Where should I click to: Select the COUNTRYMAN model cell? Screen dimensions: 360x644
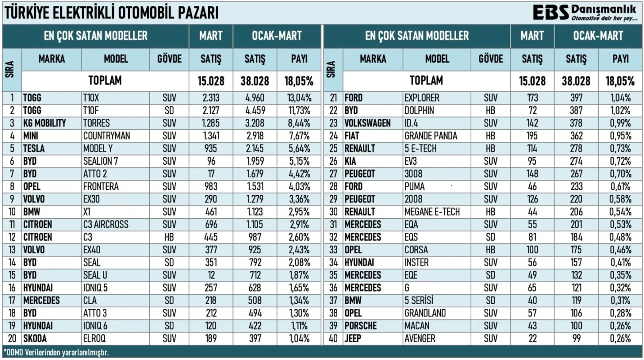tap(106, 135)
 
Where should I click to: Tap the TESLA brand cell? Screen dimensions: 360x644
tap(34, 148)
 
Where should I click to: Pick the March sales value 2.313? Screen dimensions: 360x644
tap(210, 98)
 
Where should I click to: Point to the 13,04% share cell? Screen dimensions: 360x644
tap(299, 98)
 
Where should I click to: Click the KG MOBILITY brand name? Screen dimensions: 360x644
tap(45, 123)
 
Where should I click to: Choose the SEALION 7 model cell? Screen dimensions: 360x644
tap(100, 161)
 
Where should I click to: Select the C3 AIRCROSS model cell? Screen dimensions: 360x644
tap(106, 224)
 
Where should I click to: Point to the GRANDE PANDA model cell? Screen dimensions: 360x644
tap(431, 135)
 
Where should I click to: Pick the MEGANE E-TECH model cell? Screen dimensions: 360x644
tap(432, 211)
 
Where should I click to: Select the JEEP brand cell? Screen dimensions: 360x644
tap(353, 338)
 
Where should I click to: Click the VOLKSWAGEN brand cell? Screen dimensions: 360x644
tap(367, 123)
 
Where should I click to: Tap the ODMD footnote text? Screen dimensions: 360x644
tap(56, 352)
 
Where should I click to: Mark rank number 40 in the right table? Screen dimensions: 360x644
tap(333, 338)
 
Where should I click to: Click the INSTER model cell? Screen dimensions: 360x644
tap(416, 262)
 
